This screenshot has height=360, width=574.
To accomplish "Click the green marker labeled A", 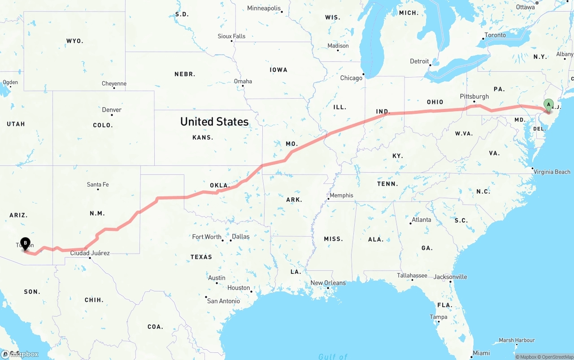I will [548, 105].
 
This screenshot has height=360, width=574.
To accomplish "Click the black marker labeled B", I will [25, 243].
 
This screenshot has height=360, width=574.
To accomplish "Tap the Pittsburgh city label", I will [474, 96].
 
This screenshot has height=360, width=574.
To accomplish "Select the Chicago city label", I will [351, 78].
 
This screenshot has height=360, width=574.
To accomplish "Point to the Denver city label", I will [112, 110].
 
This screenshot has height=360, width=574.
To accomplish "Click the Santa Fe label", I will [98, 184].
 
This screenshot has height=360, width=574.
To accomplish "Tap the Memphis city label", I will [341, 195].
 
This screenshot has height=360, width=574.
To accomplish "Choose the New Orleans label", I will [328, 283].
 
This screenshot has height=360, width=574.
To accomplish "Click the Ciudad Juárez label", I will [90, 253].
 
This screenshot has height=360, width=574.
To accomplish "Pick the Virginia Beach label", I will [552, 172].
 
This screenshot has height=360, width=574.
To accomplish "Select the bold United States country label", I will [214, 121].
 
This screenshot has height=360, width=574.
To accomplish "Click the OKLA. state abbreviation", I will [220, 185].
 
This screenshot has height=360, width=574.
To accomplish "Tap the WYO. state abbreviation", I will [75, 41].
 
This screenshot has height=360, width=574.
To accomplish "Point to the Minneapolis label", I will [264, 9].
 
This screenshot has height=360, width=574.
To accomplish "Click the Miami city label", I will [481, 353].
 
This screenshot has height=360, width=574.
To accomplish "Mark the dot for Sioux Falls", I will [232, 41].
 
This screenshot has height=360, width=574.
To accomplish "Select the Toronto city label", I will [495, 35].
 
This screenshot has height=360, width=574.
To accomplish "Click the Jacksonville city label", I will [450, 277].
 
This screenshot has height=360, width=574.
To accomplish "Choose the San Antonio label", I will [223, 301].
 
